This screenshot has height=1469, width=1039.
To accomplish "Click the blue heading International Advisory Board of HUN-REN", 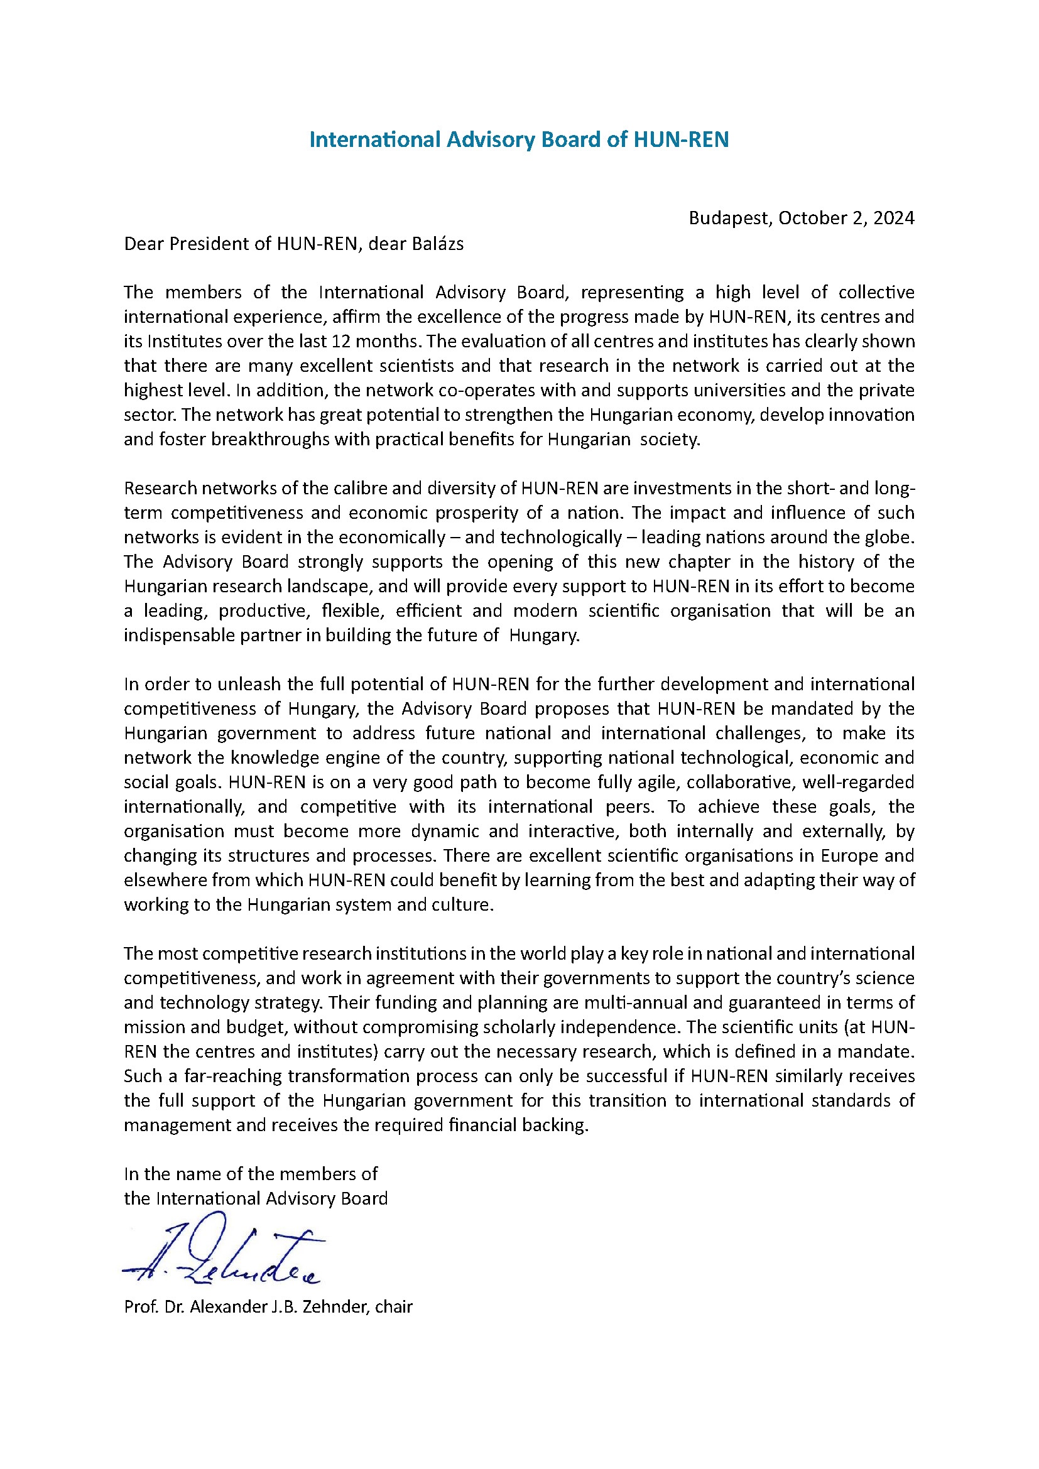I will coord(519,139).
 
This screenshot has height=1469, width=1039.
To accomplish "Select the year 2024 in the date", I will coord(894,218).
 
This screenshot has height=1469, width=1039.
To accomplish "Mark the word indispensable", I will coord(179,636).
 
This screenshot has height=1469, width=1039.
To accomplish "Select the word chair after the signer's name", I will coord(394,1306).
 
